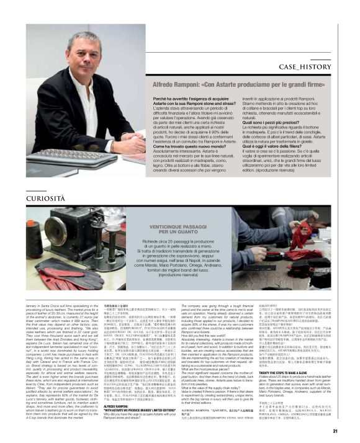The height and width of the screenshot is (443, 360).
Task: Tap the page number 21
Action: tap(352, 430)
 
